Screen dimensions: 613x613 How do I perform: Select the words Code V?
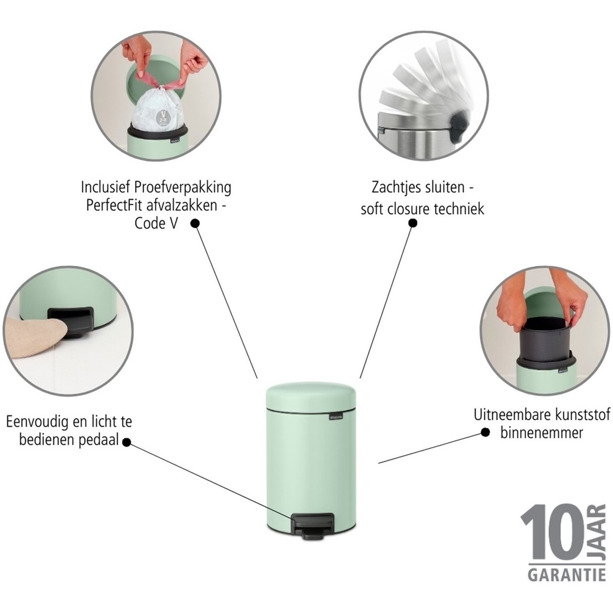click(156, 223)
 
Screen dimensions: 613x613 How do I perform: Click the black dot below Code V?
click(195, 224)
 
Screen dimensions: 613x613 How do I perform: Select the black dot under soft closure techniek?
click(413, 223)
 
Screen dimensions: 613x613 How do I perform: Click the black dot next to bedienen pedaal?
click(127, 442)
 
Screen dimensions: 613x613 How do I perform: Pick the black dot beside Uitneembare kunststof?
click(485, 432)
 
